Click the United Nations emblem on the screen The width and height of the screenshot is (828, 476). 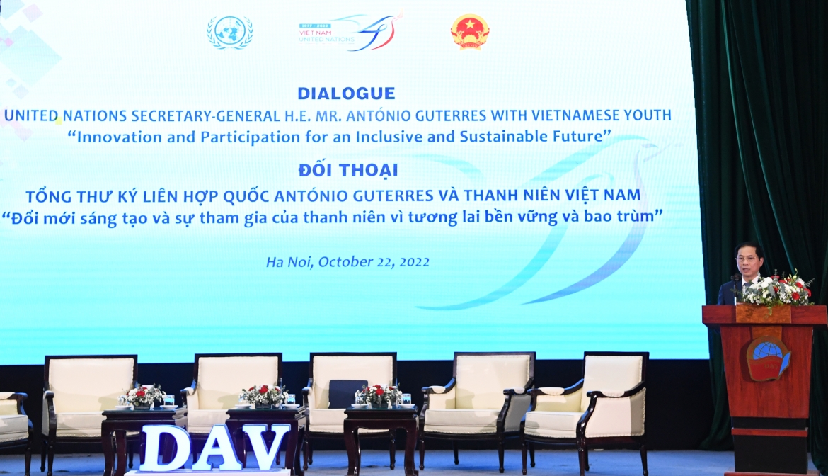[230, 32]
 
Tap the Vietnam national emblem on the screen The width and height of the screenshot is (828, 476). [469, 32]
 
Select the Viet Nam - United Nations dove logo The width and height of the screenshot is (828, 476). [350, 31]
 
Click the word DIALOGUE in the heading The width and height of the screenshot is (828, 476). [346, 93]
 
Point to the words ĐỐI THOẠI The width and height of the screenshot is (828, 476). [348, 170]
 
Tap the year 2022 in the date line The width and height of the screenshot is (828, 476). [415, 262]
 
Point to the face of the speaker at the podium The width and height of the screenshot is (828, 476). [750, 261]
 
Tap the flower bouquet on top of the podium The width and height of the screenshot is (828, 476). [776, 290]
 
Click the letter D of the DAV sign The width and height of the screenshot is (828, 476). [165, 448]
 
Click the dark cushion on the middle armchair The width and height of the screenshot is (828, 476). [347, 394]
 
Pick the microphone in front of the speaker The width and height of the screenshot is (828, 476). [735, 280]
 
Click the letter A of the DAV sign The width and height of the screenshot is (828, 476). [214, 448]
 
